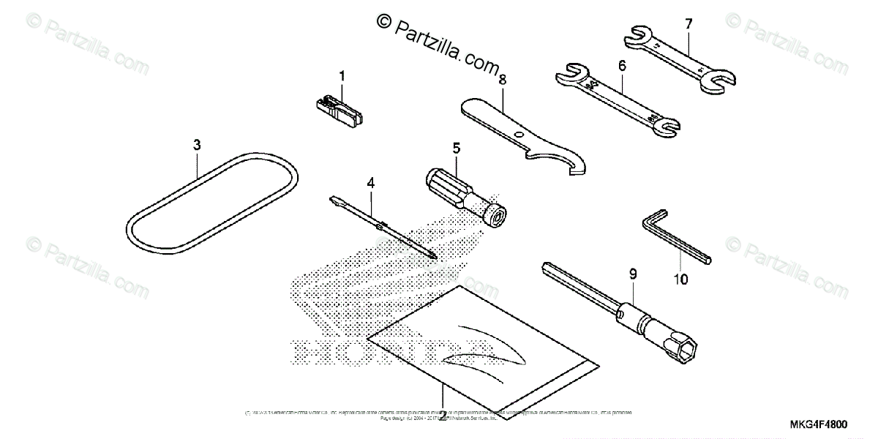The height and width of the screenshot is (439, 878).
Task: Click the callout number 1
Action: tap(341, 75)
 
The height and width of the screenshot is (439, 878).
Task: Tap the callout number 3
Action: tap(197, 145)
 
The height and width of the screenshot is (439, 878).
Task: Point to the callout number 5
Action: tap(456, 148)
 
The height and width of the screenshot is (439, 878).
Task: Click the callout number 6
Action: tap(622, 66)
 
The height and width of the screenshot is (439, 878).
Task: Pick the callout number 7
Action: tap(688, 24)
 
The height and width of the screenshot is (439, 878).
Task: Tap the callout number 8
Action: tap(502, 80)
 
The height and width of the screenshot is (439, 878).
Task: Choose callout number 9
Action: tap(633, 274)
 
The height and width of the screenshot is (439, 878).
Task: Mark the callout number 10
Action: tap(681, 279)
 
